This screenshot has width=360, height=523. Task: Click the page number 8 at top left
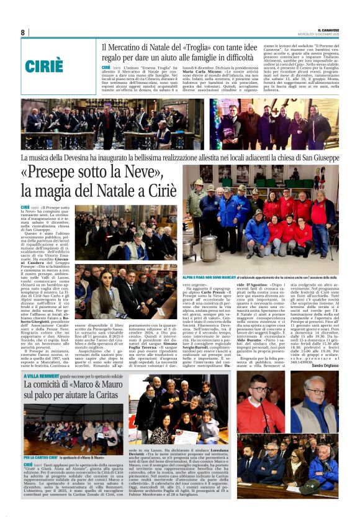[x=22, y=32]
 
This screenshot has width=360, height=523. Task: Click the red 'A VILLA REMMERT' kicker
[x=42, y=376]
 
